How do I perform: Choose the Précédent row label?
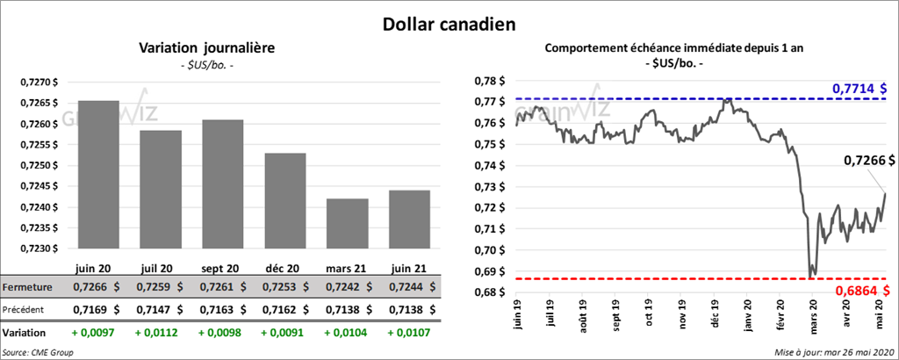pyautogui.click(x=25, y=310)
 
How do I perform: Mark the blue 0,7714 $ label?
pyautogui.click(x=859, y=89)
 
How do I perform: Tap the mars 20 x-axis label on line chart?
pyautogui.click(x=814, y=326)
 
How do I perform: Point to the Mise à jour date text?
pyautogui.click(x=834, y=351)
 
